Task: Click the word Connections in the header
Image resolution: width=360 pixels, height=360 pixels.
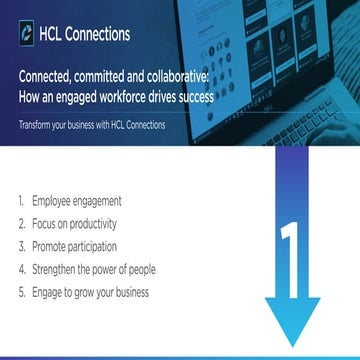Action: tap(96, 34)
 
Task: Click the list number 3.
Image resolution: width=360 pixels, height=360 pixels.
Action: tap(20, 247)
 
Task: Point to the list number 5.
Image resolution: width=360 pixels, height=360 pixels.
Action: tap(20, 293)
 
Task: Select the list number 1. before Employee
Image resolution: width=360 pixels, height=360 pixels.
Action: tap(20, 201)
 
